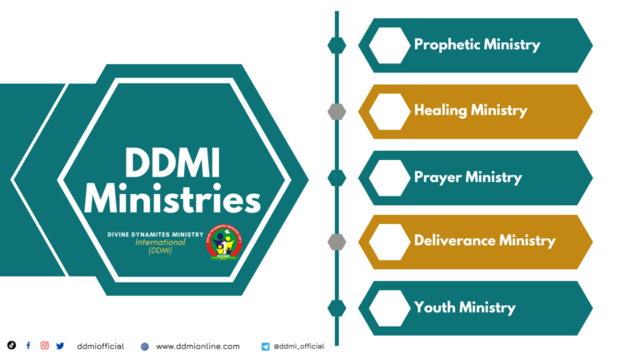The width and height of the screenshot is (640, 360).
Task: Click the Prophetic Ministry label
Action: [x=477, y=45]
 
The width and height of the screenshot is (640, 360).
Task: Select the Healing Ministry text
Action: [x=471, y=110]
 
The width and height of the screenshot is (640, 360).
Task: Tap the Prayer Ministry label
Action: [x=467, y=177]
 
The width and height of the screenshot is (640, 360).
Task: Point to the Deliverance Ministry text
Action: [x=484, y=240]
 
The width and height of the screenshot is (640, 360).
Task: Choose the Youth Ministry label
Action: [x=464, y=307]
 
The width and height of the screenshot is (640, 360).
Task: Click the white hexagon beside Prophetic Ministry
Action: [x=389, y=45]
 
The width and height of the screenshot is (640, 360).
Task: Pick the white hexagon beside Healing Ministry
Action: [x=389, y=112]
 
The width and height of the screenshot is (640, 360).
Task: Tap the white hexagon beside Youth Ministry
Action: [x=389, y=308]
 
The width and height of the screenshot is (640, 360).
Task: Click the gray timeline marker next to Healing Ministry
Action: [x=337, y=112]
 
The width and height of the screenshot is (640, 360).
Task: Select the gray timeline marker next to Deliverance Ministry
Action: [x=337, y=242]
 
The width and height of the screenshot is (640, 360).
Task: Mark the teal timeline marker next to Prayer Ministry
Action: [x=337, y=177]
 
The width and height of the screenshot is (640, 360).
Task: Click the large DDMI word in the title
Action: [x=172, y=162]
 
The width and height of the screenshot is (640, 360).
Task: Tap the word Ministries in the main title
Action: [x=172, y=199]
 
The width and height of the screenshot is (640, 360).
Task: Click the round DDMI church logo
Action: [x=223, y=242]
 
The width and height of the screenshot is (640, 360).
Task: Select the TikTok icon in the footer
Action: [x=12, y=345]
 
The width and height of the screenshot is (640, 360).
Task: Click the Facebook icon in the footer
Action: [x=28, y=346]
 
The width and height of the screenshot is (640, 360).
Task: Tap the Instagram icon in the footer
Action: [x=44, y=345]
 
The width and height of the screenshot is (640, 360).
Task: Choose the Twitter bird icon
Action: [x=60, y=346]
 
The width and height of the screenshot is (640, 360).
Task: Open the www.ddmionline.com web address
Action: [x=198, y=346]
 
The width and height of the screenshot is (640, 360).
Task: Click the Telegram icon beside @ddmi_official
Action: [x=265, y=347]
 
